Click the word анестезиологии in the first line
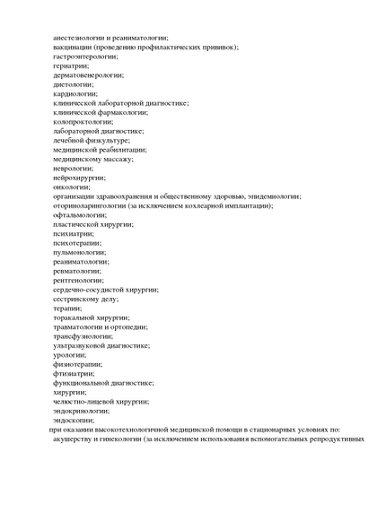tap(83, 38)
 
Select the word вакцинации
tap(74, 47)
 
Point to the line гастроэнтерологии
tap(85, 57)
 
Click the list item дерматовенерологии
tap(88, 75)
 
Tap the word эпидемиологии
tap(275, 196)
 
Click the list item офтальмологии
tap(79, 215)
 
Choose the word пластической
tap(77, 224)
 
